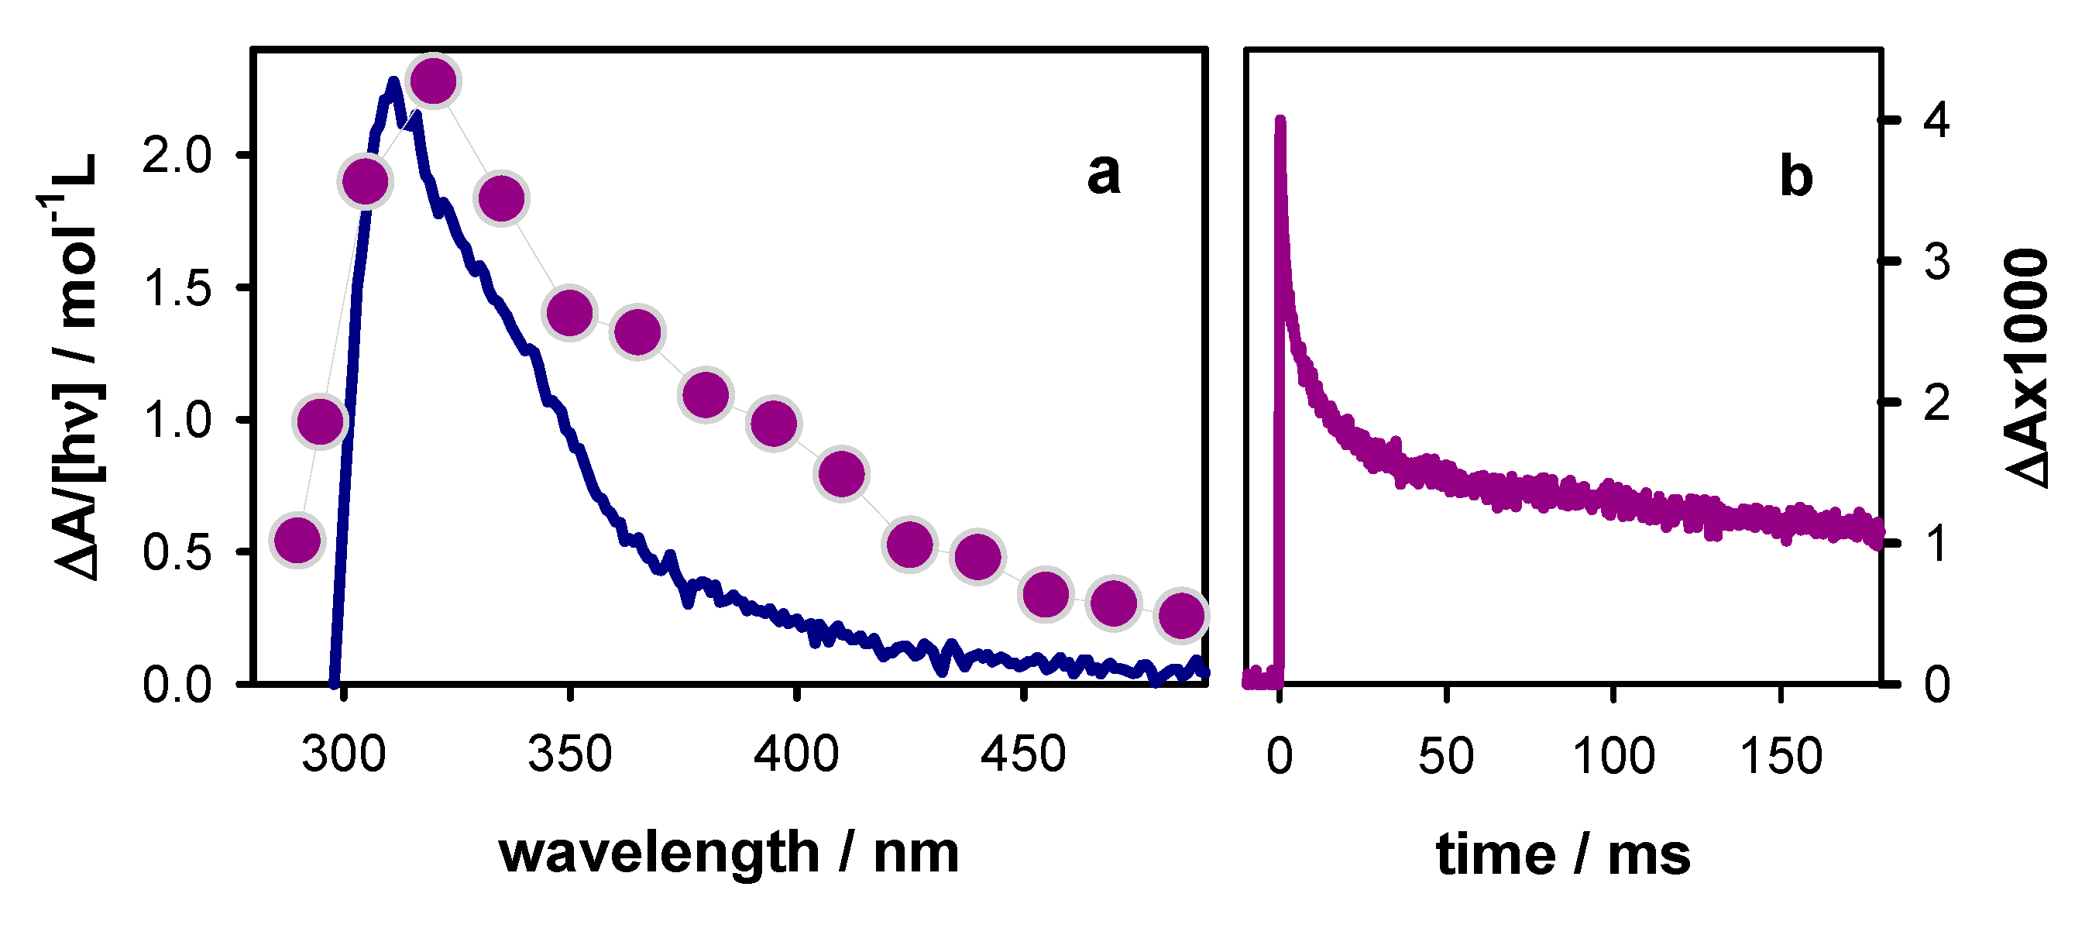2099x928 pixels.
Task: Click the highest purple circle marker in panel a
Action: click(x=434, y=81)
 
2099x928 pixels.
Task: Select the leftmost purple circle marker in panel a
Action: click(x=297, y=540)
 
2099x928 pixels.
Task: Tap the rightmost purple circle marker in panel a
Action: click(x=1181, y=614)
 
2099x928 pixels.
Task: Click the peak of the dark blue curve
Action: click(x=393, y=81)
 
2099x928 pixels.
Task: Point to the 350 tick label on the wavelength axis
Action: click(x=569, y=754)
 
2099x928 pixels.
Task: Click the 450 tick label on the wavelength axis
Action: click(x=1022, y=754)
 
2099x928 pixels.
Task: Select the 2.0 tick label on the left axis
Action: click(x=177, y=155)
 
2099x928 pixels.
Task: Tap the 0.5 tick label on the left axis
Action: click(x=177, y=552)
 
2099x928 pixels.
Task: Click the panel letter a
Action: click(x=1103, y=173)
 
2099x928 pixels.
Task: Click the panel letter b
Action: click(x=1796, y=176)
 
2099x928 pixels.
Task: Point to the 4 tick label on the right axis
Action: click(x=1936, y=121)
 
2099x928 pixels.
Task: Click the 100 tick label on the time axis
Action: click(x=1613, y=756)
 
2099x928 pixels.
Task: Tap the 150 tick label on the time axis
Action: click(x=1781, y=756)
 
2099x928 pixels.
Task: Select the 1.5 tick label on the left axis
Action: click(x=177, y=287)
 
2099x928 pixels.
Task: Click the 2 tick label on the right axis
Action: click(x=1936, y=403)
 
